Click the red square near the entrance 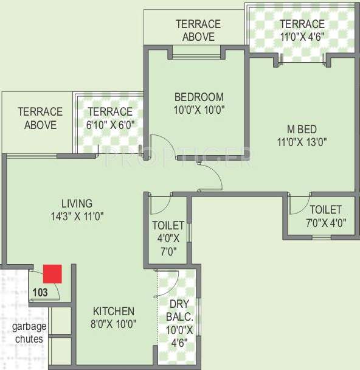(x=53, y=274)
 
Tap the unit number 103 (x=40, y=291)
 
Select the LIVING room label (x=77, y=203)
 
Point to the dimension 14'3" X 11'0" (x=77, y=216)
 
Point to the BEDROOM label (x=199, y=97)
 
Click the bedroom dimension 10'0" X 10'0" (x=199, y=110)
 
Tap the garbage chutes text (x=27, y=332)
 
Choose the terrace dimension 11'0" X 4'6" (x=302, y=37)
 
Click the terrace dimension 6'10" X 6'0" (x=110, y=125)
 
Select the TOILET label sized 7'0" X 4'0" (x=326, y=209)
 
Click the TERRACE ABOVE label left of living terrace (x=40, y=118)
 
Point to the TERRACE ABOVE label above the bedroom (x=198, y=30)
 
